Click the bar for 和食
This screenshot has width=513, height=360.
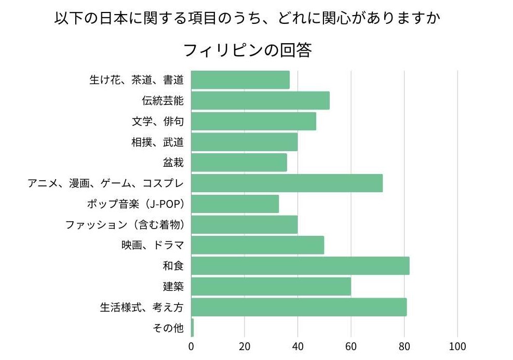[300, 265]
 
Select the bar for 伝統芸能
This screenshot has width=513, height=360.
[260, 100]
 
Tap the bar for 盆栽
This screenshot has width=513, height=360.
[239, 162]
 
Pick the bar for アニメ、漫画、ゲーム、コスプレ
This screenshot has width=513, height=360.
[287, 183]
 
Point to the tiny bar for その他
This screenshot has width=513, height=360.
[192, 327]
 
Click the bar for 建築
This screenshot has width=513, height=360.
[271, 286]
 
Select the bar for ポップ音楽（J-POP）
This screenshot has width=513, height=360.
[235, 204]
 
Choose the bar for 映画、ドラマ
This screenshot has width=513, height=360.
[258, 245]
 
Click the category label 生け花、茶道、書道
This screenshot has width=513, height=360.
[137, 80]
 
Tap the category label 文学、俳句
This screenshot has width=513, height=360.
[158, 121]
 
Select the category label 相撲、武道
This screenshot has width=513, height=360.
[158, 142]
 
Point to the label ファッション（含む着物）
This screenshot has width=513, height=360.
[125, 224]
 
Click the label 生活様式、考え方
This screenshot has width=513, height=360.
[142, 307]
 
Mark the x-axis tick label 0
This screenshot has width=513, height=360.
[191, 346]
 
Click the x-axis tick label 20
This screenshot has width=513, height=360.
[245, 346]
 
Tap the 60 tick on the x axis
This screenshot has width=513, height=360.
[351, 346]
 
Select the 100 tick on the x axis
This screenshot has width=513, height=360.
[457, 346]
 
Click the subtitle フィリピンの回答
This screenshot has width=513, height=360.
[247, 50]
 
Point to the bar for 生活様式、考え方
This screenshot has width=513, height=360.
[299, 307]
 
